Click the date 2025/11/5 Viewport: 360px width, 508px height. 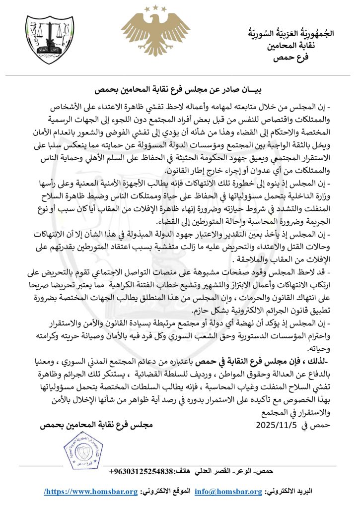pyautogui.click(x=278, y=425)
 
